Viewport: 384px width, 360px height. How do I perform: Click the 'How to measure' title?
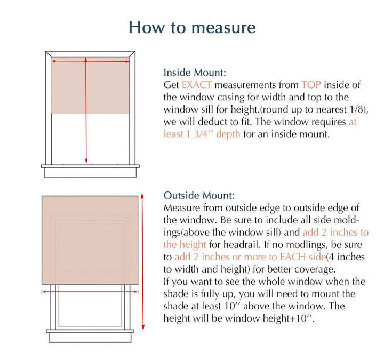point(192,27)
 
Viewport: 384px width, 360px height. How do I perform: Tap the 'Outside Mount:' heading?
point(199,196)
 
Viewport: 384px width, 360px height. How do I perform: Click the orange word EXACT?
point(196,85)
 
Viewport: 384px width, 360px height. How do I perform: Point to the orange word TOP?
point(311,85)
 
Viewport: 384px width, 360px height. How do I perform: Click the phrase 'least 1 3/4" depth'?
point(202,134)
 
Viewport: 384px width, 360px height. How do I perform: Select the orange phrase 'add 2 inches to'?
point(335,233)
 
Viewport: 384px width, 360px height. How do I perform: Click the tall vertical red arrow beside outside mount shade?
point(143,261)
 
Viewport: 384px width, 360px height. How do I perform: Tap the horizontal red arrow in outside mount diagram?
point(91,292)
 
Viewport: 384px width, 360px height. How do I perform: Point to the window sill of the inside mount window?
point(90,171)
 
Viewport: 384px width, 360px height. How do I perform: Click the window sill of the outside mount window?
point(90,336)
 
